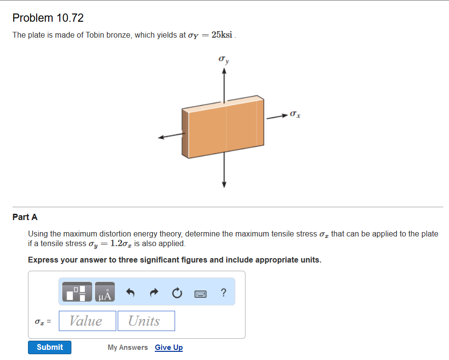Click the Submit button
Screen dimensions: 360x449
[x=49, y=347]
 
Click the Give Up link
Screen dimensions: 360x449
[x=169, y=347]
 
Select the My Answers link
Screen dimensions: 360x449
[x=128, y=347]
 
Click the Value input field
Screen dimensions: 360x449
[x=87, y=321]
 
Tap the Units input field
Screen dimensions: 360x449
[x=146, y=321]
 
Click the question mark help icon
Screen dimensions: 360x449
[x=223, y=292]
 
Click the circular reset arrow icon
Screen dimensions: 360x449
[x=177, y=292]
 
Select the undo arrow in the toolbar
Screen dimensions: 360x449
[x=130, y=292]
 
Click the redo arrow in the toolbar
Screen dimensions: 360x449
[x=153, y=292]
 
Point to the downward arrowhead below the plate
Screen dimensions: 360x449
[x=224, y=184]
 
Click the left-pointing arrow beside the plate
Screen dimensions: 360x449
[x=164, y=138]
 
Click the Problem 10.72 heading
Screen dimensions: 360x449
[x=48, y=18]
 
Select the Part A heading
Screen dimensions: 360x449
[x=25, y=217]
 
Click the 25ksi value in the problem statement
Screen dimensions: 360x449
[x=222, y=35]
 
